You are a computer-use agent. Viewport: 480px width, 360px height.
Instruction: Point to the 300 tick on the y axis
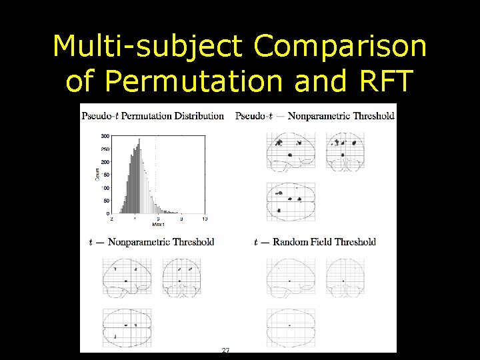(105, 135)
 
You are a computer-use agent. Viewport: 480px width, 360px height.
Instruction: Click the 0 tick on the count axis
(107, 213)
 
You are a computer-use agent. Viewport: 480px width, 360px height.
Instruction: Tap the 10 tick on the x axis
(205, 219)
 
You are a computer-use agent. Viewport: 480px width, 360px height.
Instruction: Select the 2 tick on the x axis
(111, 219)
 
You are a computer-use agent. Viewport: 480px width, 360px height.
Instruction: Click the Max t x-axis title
(157, 225)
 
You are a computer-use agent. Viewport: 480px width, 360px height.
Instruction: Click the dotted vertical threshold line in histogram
(157, 173)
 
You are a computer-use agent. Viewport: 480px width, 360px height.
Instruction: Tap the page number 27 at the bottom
(225, 350)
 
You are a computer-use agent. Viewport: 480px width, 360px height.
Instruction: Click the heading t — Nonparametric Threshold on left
(151, 242)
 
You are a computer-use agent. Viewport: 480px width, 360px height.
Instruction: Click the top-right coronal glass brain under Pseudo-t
(345, 151)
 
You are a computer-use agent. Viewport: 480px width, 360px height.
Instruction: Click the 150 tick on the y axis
(105, 175)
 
